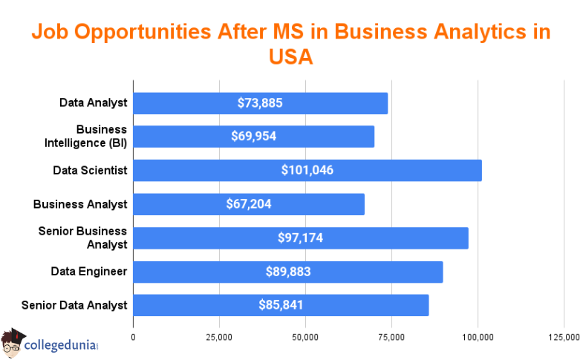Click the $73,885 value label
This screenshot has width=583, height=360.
click(260, 103)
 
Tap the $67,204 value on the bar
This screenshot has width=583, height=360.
click(249, 204)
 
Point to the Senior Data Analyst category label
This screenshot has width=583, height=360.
click(74, 305)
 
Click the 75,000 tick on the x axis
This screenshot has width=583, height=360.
click(391, 338)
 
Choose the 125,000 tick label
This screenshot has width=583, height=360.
click(563, 338)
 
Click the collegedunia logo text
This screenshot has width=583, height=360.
click(62, 345)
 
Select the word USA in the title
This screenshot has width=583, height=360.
click(291, 57)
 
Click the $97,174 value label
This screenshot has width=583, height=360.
click(300, 238)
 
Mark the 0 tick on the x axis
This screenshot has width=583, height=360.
click(134, 338)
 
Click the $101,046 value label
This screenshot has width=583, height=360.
click(307, 170)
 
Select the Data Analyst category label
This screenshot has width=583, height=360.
click(94, 102)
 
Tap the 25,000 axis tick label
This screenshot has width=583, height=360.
click(219, 338)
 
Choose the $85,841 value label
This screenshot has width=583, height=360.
click(281, 305)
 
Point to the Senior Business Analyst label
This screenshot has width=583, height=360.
click(82, 238)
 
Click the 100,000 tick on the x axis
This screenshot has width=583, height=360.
click(478, 338)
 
